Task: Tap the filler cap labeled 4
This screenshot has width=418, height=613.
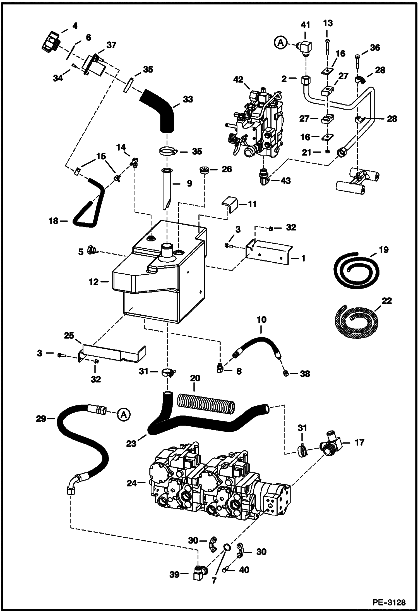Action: coord(50,44)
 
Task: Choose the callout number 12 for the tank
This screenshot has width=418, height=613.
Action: coord(94,282)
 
